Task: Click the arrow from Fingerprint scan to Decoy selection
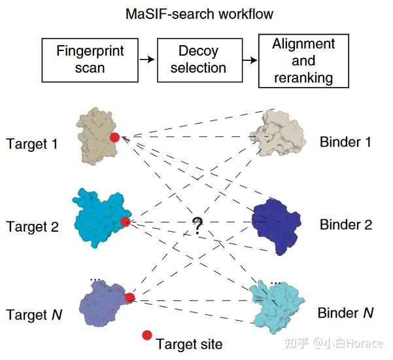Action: (147, 60)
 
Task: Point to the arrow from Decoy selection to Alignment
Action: (250, 60)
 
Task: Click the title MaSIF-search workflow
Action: (199, 14)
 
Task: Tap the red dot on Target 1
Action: (115, 137)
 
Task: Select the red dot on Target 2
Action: (126, 222)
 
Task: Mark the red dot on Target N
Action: (130, 298)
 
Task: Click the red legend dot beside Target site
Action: (147, 335)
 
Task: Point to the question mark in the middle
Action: (197, 226)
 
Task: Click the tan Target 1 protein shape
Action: (97, 136)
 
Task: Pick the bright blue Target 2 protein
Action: (101, 218)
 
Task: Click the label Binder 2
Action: (346, 225)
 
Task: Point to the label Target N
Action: (34, 315)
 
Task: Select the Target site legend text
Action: (189, 344)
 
